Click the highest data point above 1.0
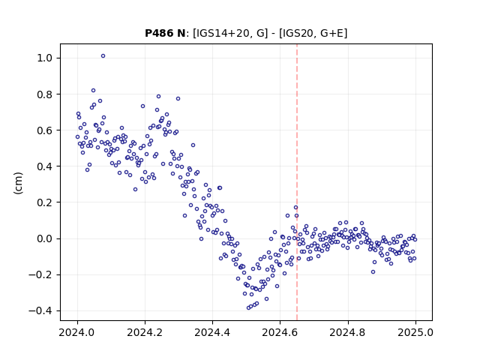(x=103, y=56)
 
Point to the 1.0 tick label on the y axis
(x=46, y=58)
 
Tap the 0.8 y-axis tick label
(x=46, y=94)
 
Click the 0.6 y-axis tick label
(x=46, y=130)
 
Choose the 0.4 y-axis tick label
(x=46, y=166)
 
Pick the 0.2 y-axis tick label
(x=46, y=202)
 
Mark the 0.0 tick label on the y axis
(x=46, y=238)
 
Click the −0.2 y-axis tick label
(x=42, y=275)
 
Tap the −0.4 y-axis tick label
(x=42, y=311)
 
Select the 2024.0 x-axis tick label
(x=77, y=332)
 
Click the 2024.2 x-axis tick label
(x=145, y=332)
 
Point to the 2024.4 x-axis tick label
(x=212, y=332)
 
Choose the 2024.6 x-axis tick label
(x=280, y=332)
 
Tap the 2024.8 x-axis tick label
(x=347, y=332)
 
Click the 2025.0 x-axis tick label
(x=415, y=332)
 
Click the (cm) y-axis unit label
(x=18, y=182)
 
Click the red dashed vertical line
(x=297, y=182)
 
